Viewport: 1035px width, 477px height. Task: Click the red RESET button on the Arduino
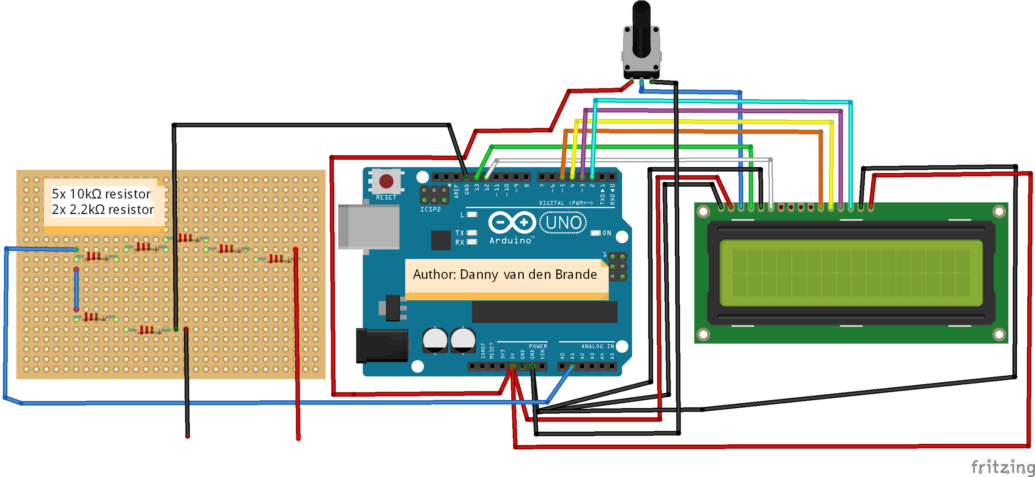tap(386, 181)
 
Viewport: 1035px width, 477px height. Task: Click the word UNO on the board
tap(563, 223)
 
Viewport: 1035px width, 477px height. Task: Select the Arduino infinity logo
tap(512, 223)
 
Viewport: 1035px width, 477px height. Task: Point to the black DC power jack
tap(382, 345)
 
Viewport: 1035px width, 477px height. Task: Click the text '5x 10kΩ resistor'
tap(101, 194)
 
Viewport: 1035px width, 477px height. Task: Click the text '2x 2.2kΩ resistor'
tap(103, 209)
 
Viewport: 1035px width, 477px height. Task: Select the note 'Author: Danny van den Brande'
tap(505, 274)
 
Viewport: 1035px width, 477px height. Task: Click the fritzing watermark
tap(1002, 467)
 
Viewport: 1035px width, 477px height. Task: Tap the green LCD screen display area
tap(851, 273)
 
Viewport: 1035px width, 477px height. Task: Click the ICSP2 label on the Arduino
tap(430, 209)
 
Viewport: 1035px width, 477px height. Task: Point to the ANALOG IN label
tap(597, 346)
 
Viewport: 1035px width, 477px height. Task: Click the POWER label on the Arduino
tap(538, 346)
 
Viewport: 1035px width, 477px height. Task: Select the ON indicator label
tap(607, 233)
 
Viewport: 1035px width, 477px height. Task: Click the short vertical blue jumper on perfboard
tap(76, 289)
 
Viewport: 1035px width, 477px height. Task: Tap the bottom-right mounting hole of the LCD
tap(999, 334)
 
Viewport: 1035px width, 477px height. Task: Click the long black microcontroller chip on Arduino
tap(544, 312)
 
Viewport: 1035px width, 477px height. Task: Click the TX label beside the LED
tap(460, 233)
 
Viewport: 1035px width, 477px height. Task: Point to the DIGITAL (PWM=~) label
tap(566, 203)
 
